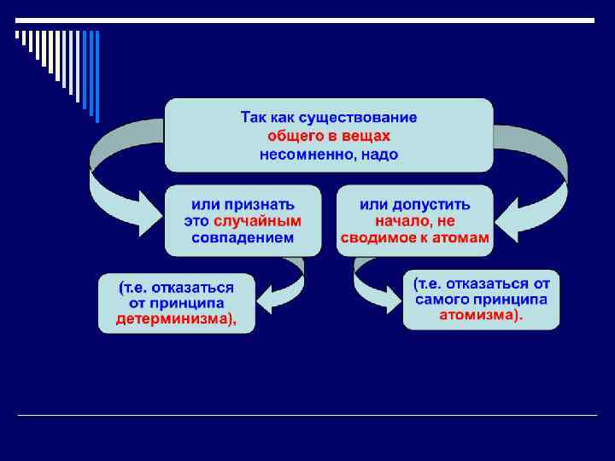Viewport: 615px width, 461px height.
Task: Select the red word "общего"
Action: (x=293, y=135)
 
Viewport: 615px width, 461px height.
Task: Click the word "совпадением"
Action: (x=243, y=238)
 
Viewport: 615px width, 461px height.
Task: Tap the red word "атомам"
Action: (x=460, y=238)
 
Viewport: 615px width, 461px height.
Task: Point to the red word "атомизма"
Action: (x=480, y=315)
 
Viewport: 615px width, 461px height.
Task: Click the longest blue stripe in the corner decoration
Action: (x=97, y=77)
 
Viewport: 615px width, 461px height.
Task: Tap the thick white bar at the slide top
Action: (x=307, y=20)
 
